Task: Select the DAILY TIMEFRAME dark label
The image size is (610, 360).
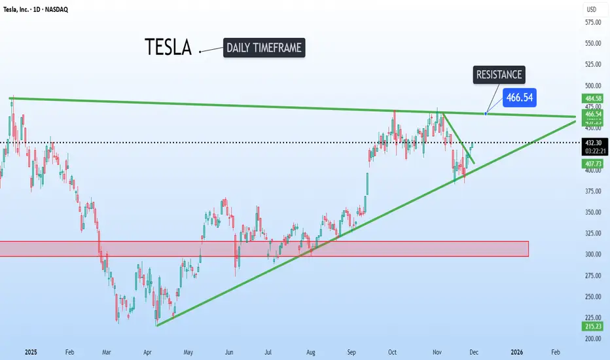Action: pos(264,47)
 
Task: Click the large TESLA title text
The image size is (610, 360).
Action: pos(169,47)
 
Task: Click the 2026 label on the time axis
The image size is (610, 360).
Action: pos(516,351)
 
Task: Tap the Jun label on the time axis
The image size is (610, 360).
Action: pos(229,351)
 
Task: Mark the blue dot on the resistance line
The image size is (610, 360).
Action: pos(485,113)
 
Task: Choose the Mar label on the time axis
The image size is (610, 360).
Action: pos(105,351)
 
